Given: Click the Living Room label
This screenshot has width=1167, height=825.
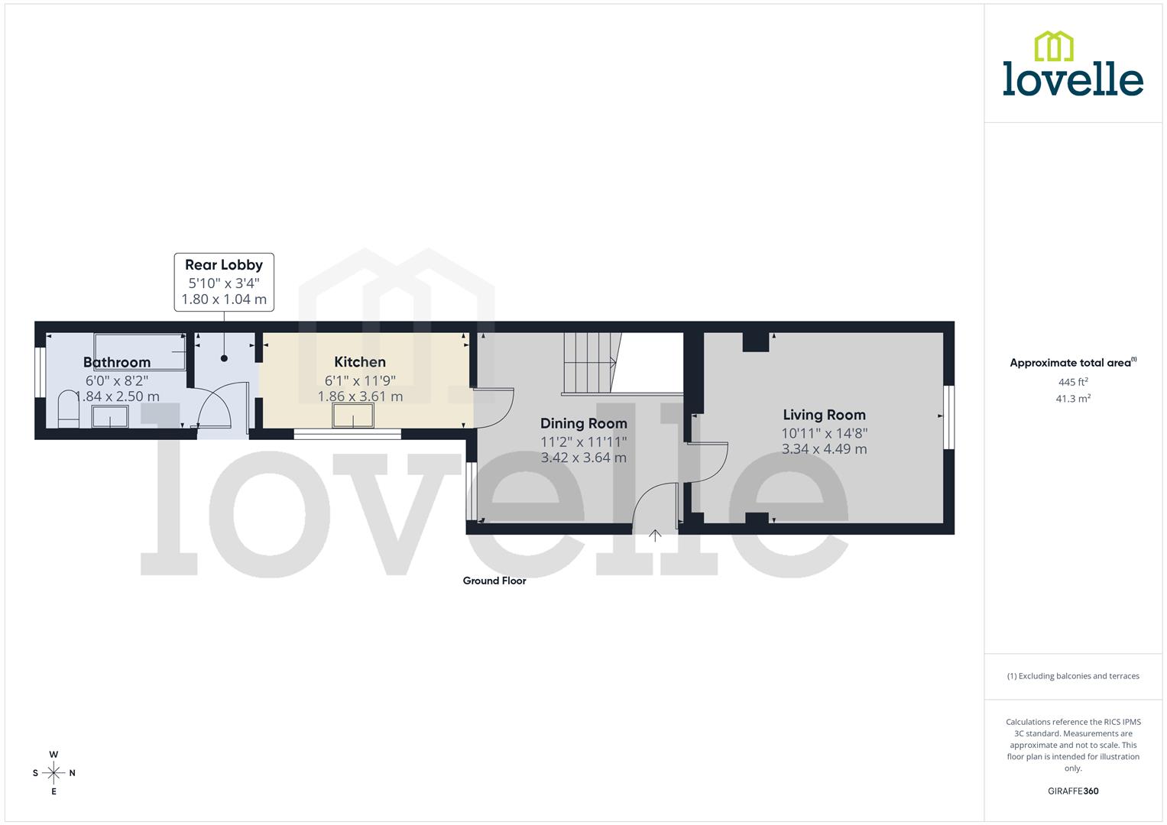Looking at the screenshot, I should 824,415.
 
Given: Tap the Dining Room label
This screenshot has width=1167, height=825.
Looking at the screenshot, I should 583,423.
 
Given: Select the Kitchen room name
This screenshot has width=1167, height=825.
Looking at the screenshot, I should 360,362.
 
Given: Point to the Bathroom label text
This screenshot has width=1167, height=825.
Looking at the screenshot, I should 117,362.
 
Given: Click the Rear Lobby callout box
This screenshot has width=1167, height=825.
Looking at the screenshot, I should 224,282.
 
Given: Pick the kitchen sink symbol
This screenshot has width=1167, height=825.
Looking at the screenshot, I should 353,416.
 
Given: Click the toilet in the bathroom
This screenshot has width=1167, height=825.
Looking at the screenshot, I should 67,409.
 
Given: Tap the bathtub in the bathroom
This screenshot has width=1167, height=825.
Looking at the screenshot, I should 140,351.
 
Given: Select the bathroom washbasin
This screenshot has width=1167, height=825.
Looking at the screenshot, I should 110,417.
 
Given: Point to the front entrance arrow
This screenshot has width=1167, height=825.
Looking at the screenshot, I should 655,535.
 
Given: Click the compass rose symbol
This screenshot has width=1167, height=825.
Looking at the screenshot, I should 53,773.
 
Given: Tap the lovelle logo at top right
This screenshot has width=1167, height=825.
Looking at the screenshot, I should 1072,64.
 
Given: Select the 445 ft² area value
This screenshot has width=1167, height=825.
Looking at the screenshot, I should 1073,382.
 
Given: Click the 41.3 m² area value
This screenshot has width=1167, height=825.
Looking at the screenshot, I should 1073,399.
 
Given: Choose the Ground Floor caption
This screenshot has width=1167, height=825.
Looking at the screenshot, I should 494,581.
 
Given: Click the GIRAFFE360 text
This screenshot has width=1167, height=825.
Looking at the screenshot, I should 1073,791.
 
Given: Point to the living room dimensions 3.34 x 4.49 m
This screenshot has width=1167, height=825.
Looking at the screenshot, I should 824,449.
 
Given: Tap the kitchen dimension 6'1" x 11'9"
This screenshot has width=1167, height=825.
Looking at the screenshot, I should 360,380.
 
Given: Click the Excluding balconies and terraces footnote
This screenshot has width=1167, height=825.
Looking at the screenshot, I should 1073,676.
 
